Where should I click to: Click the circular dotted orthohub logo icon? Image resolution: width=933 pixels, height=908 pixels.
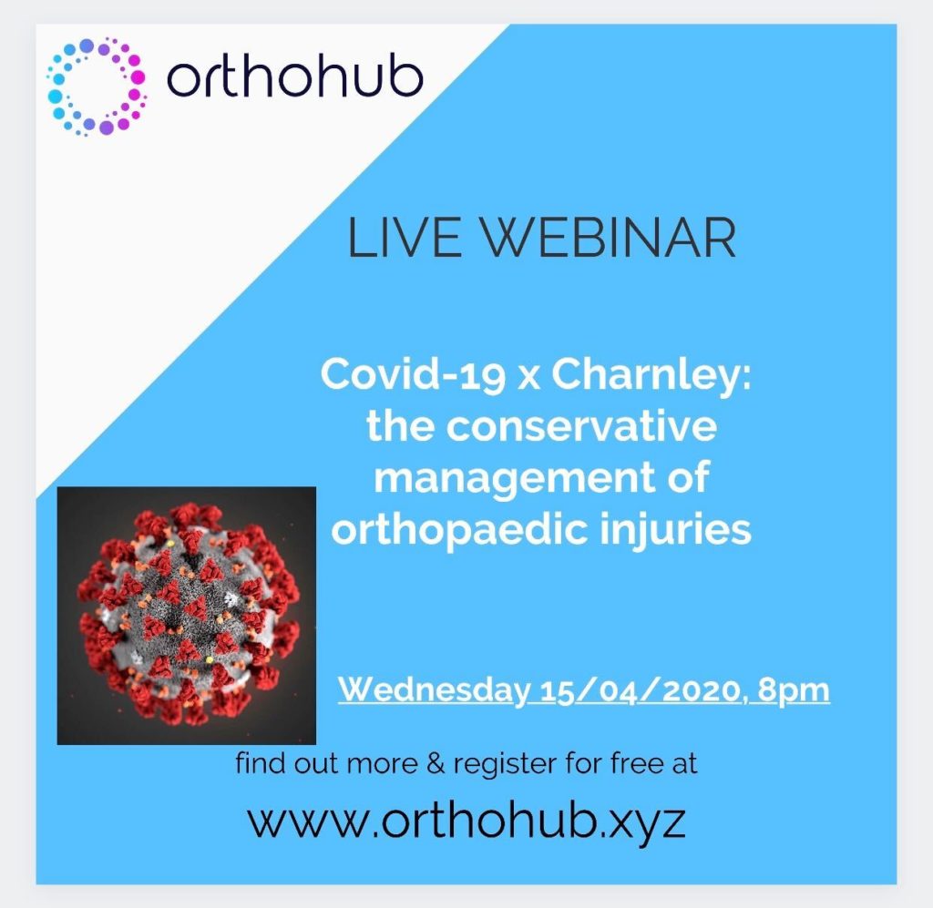(x=97, y=87)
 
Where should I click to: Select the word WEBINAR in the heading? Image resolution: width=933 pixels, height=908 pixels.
(x=608, y=238)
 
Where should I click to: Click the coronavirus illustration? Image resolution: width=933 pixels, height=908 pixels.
(x=186, y=616)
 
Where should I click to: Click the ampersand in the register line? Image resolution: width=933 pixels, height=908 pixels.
(x=436, y=764)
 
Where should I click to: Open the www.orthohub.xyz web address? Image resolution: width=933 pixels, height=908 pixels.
(x=466, y=822)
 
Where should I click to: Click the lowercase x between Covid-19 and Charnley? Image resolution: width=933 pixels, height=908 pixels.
(x=528, y=379)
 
